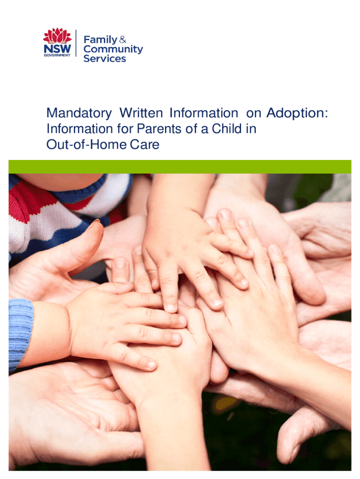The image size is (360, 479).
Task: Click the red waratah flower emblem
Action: coord(57,36)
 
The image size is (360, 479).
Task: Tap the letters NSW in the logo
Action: coord(57,49)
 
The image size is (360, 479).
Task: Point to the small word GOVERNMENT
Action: coord(57,55)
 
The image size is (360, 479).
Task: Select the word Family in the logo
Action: coord(101,40)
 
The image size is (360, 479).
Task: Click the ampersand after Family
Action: coord(123,39)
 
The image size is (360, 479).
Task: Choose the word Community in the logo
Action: coord(113,49)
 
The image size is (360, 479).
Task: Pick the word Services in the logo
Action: coord(104,58)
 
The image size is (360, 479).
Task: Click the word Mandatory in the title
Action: coord(79,113)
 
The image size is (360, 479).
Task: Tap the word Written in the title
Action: coord(141,113)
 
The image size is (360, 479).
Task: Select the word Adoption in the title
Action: coord(295,113)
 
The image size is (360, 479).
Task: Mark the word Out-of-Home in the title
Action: coord(86,145)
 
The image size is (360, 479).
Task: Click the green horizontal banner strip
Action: coord(180,167)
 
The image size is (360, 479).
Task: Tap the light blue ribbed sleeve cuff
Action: coord(20,335)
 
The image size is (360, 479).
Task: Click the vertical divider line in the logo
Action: coord(76,43)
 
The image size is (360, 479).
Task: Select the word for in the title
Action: coord(125,129)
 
